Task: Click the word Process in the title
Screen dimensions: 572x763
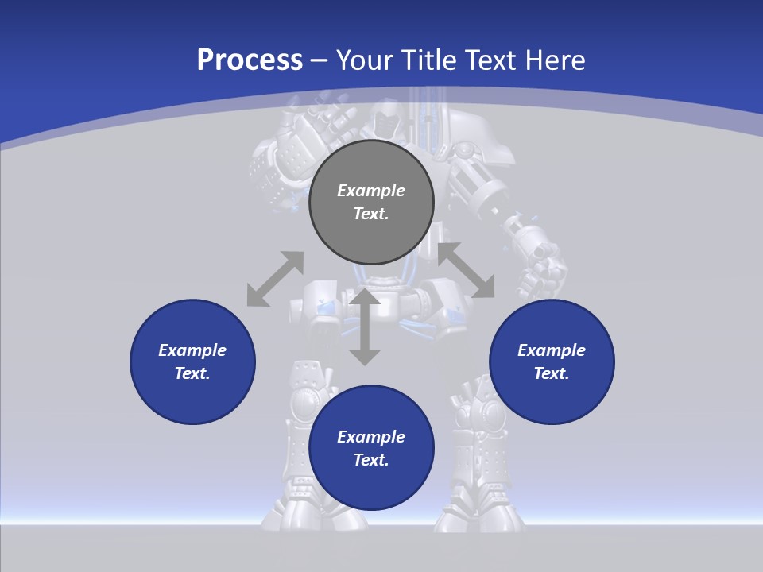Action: [x=250, y=60]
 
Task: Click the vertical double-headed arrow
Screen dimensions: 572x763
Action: [x=365, y=327]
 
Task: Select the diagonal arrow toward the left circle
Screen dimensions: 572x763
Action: [x=275, y=279]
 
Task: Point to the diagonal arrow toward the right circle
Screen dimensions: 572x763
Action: [x=466, y=270]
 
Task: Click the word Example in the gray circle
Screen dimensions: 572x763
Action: [x=371, y=191]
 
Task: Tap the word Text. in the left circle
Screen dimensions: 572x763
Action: [x=192, y=373]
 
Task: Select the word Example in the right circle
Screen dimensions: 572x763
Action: [x=552, y=350]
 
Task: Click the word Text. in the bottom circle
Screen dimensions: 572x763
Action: [x=371, y=460]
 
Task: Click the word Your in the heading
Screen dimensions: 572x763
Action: [x=362, y=60]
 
